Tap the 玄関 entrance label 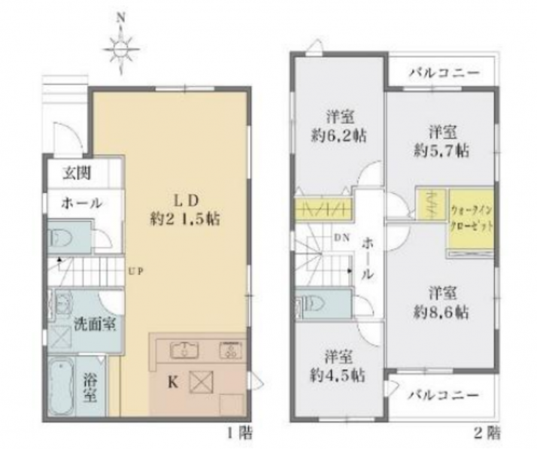tap(77, 173)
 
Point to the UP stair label tap(136, 272)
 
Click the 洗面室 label tap(95, 324)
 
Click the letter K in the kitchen tap(173, 383)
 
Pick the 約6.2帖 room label tap(339, 136)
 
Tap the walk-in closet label tap(472, 219)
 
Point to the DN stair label tap(342, 238)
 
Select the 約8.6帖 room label tap(441, 313)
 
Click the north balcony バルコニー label tap(444, 72)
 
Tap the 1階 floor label tap(239, 434)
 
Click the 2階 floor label tap(487, 433)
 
